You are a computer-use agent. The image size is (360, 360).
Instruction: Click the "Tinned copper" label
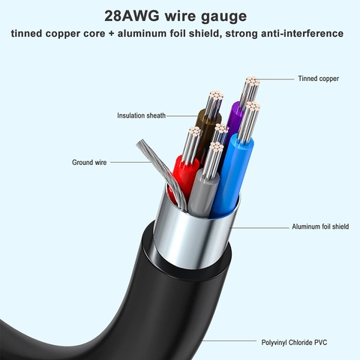pos(318,79)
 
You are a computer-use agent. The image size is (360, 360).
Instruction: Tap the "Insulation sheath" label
pos(141,115)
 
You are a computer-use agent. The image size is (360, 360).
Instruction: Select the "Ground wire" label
pos(89,163)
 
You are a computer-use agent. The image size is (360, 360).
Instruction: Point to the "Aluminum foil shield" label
pos(320,226)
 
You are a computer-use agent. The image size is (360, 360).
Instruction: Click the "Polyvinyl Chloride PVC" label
pos(294,342)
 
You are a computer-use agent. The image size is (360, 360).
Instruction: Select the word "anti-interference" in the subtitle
pos(302,34)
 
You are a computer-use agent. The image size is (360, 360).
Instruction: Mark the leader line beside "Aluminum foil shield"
pos(259,227)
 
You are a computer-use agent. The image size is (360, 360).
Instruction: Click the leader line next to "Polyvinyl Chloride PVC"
pos(229,340)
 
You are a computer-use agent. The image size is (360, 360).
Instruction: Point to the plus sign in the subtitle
pos(112,34)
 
